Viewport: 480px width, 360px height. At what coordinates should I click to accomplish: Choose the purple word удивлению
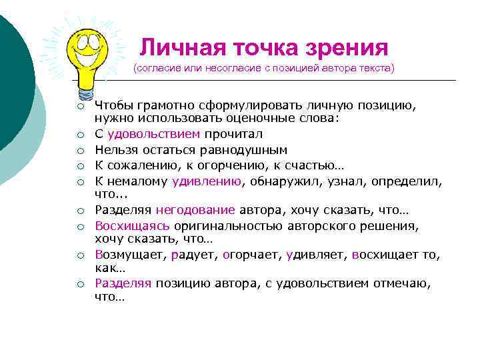coord(207,180)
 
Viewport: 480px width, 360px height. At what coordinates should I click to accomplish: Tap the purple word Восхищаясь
coord(133,226)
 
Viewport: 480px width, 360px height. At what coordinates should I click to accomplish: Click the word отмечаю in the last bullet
coord(401,283)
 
